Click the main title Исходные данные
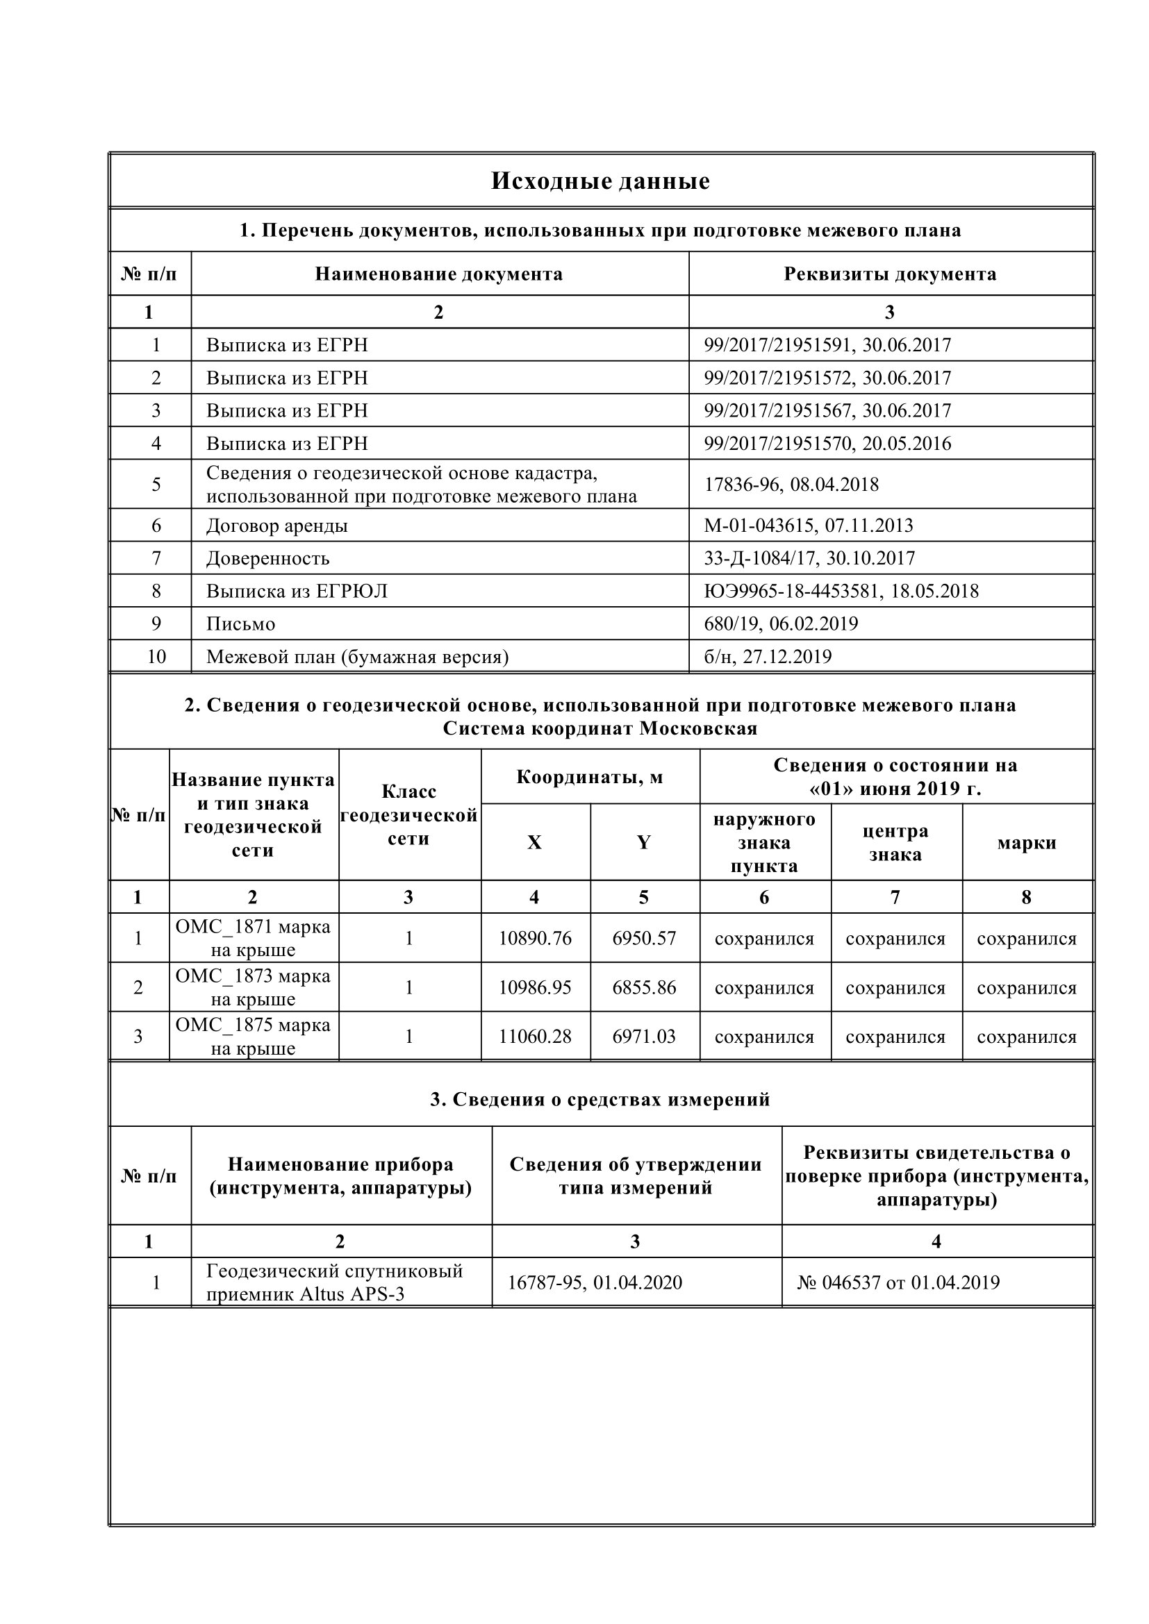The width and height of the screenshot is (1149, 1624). point(600,182)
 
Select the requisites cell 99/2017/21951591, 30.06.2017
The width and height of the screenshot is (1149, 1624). point(827,345)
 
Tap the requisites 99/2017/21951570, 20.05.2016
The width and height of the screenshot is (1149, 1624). point(827,444)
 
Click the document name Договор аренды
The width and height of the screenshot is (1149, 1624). point(276,526)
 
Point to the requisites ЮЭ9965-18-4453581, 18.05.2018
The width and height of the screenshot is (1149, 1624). point(841,591)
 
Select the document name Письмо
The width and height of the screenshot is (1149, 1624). point(240,624)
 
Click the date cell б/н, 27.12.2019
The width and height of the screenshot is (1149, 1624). point(767,656)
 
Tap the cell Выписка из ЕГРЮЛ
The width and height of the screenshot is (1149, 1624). point(297,591)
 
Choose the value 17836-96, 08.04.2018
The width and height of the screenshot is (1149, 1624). point(791,485)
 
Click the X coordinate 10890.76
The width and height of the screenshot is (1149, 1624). point(535,938)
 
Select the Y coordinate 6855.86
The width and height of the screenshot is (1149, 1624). point(644,987)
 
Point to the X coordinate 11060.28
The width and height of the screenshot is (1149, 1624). point(535,1036)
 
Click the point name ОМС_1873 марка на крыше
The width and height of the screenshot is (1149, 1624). point(253,987)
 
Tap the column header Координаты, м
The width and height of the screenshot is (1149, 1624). point(589,778)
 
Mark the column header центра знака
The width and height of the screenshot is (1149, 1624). point(895,842)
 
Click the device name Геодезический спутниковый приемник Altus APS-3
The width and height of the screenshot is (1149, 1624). point(334,1282)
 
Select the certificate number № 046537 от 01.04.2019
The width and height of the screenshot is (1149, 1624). point(898,1282)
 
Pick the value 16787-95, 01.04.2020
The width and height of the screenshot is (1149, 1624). point(595,1282)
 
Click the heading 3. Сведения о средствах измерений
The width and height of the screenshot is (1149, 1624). point(600,1099)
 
